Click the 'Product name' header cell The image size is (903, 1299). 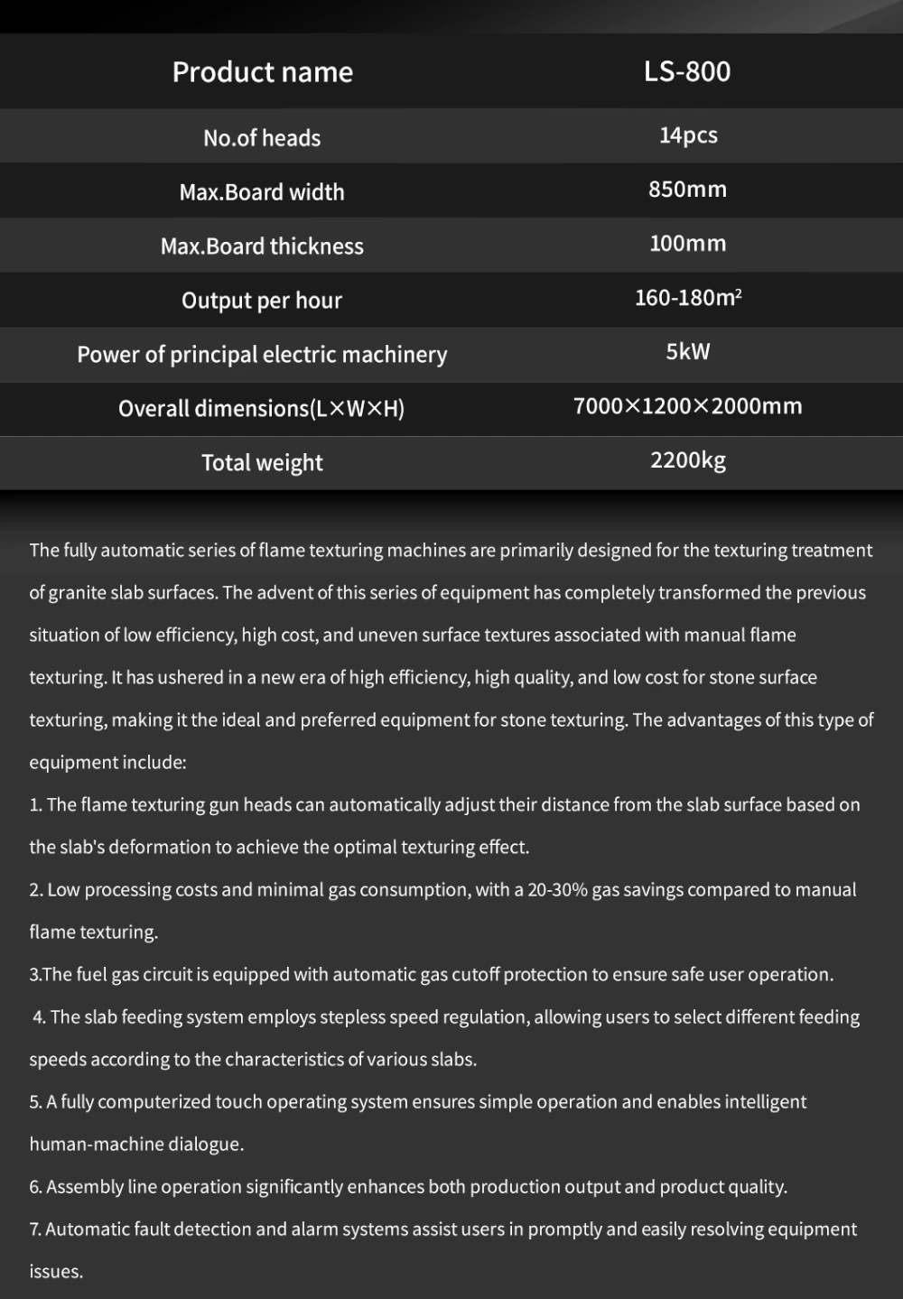[262, 72]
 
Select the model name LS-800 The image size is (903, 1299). [687, 71]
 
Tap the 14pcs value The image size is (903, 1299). [688, 135]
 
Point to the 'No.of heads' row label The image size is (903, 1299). [262, 138]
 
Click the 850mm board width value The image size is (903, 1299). [687, 190]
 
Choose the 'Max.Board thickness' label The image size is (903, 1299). [262, 246]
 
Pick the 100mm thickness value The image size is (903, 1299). [687, 244]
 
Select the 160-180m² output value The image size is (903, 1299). [688, 298]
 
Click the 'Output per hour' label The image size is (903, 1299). [262, 301]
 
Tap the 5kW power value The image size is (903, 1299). [688, 352]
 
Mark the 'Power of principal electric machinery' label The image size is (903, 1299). [262, 355]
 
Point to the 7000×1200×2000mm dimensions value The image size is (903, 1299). [688, 406]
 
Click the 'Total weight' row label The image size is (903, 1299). [262, 463]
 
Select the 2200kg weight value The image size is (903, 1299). [688, 460]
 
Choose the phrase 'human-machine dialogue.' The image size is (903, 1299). [136, 1145]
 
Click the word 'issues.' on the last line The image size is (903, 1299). [56, 1272]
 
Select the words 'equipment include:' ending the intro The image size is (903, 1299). [107, 763]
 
